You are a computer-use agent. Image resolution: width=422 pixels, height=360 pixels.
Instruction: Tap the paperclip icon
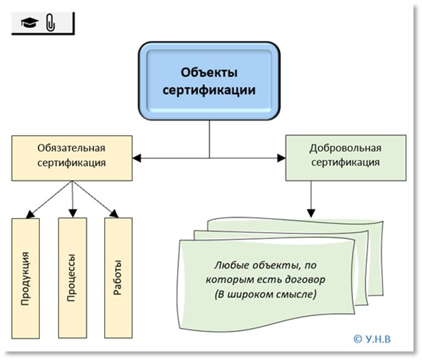[x=50, y=23]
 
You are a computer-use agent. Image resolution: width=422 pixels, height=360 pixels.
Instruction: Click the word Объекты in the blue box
[x=209, y=73]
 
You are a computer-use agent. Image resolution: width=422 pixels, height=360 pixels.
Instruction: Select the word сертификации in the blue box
[x=209, y=90]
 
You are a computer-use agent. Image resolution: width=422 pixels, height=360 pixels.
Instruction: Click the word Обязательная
[x=71, y=148]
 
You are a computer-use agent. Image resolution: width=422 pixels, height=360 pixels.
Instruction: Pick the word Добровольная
[x=346, y=148]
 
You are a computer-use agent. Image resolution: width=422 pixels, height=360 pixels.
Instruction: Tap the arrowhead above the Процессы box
[x=72, y=213]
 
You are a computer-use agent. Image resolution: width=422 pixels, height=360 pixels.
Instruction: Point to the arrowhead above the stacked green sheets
[x=311, y=212]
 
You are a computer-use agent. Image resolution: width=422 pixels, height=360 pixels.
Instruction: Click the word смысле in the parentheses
[x=300, y=294]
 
